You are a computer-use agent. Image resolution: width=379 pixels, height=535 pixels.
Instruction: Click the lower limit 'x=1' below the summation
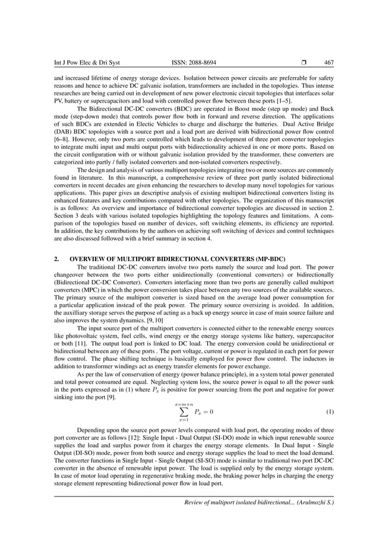click(x=184, y=421)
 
